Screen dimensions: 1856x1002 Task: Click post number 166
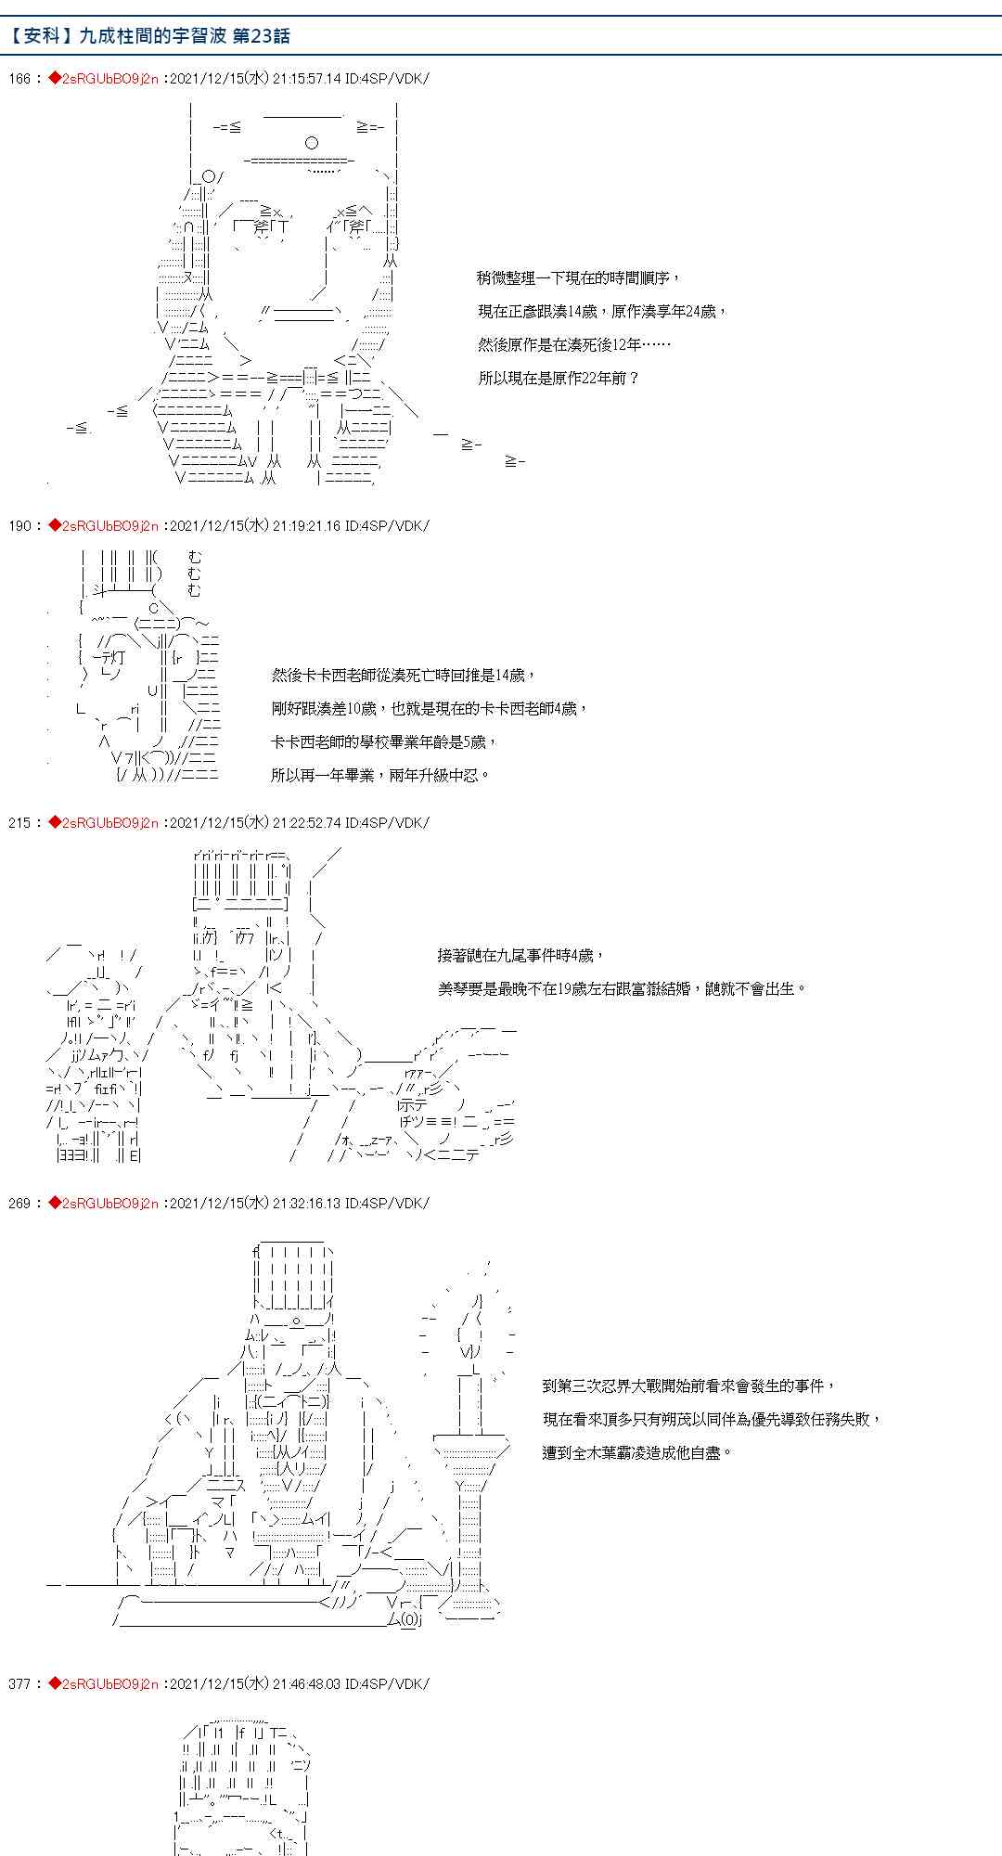[x=20, y=79]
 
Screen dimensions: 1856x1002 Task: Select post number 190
[x=20, y=526]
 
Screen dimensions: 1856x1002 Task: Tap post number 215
[x=20, y=823]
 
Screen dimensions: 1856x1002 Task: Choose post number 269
[x=20, y=1204]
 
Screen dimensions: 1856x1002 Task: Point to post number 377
[x=20, y=1684]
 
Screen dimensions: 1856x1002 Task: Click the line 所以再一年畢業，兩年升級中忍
[x=380, y=776]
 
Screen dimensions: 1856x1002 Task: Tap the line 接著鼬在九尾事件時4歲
[x=521, y=956]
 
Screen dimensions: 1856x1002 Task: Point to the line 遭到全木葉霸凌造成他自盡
[x=637, y=1453]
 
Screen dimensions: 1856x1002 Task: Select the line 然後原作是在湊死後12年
[x=574, y=345]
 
